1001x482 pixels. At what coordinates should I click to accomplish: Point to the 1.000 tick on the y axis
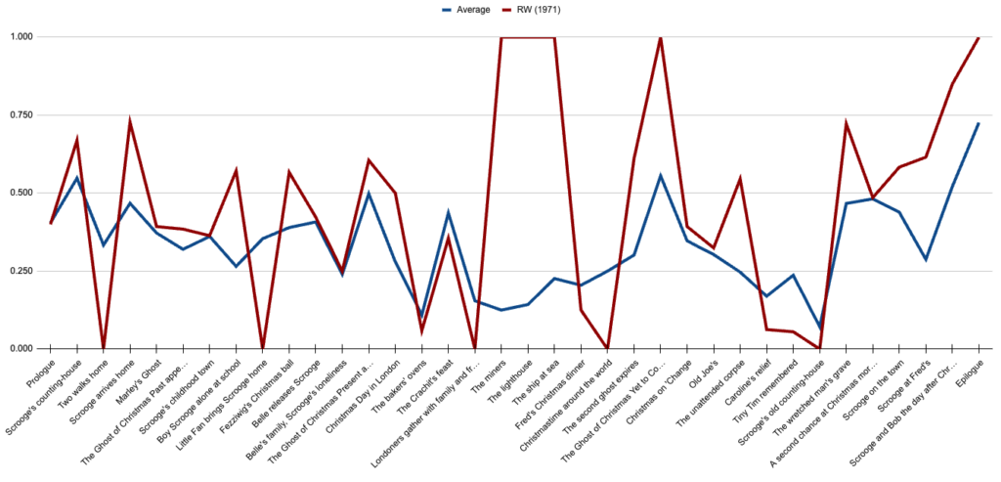tap(19, 37)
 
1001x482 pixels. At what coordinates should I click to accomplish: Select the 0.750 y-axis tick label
tap(19, 115)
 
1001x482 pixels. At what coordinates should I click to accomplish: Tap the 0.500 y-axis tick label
tap(19, 193)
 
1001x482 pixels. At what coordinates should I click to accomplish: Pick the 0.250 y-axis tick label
tap(19, 271)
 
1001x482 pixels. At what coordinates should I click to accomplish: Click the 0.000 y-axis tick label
tap(19, 349)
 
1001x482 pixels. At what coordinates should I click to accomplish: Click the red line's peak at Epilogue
tap(979, 37)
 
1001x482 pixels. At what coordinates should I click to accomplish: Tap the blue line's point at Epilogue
tap(979, 123)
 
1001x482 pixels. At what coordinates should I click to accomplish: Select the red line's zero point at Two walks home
tap(104, 348)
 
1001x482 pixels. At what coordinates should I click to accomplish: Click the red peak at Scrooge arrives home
tap(130, 121)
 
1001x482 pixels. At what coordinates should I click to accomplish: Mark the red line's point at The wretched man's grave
tap(847, 123)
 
